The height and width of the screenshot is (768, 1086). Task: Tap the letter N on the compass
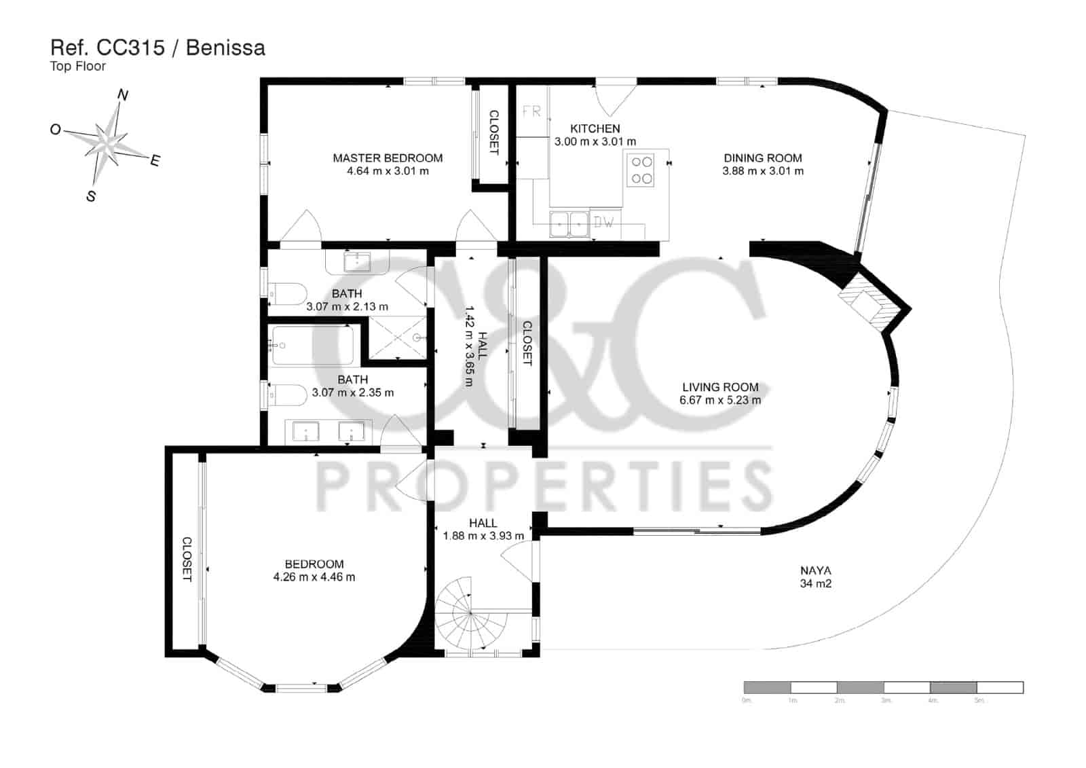pos(123,95)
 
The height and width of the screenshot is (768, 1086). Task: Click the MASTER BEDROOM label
pos(388,158)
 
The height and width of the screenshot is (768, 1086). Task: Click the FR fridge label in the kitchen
pos(531,112)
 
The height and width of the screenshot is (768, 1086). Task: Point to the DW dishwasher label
pos(603,222)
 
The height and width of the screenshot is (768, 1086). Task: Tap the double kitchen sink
pos(569,224)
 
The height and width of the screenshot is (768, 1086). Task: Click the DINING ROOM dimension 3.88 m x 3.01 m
pos(762,171)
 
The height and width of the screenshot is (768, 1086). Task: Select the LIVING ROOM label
pos(720,388)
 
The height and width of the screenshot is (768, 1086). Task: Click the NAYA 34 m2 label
pos(815,577)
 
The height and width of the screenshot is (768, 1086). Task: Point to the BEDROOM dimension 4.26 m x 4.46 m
pos(314,577)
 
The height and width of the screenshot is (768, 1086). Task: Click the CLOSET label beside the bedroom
pos(187,559)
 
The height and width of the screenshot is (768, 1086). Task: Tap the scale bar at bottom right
pos(883,688)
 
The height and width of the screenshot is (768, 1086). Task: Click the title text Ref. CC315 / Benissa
pos(157,48)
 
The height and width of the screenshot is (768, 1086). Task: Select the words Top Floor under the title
pos(78,67)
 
